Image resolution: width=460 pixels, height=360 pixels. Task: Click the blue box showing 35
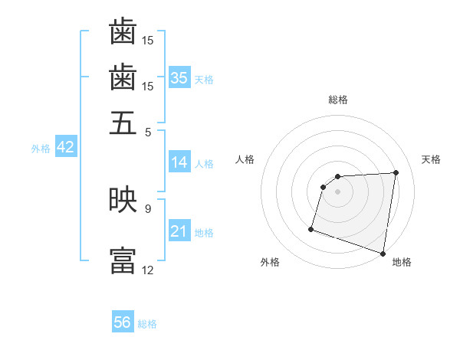[x=179, y=78]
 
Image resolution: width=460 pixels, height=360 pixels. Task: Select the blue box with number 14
[x=179, y=162]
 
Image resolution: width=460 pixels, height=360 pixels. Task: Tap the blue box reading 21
[x=179, y=231]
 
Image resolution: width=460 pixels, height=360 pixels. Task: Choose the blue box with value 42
[x=65, y=148]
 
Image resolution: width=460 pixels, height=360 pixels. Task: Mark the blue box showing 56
[x=123, y=322]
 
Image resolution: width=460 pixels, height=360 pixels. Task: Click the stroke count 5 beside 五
[x=149, y=131]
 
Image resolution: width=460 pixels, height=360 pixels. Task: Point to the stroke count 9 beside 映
[x=148, y=208]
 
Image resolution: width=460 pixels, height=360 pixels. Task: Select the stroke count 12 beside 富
[x=148, y=270]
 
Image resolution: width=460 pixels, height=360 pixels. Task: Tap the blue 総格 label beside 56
[x=147, y=324]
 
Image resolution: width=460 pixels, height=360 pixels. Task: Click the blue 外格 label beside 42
[x=41, y=149]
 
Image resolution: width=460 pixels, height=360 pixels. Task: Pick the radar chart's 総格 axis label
[x=338, y=100]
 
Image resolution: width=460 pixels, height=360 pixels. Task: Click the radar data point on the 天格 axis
[x=396, y=173]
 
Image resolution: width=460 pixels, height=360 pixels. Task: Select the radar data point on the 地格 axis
[x=383, y=253]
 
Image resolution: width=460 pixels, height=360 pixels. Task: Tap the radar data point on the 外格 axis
[x=311, y=228]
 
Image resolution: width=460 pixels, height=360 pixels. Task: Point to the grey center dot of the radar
[x=338, y=192]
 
